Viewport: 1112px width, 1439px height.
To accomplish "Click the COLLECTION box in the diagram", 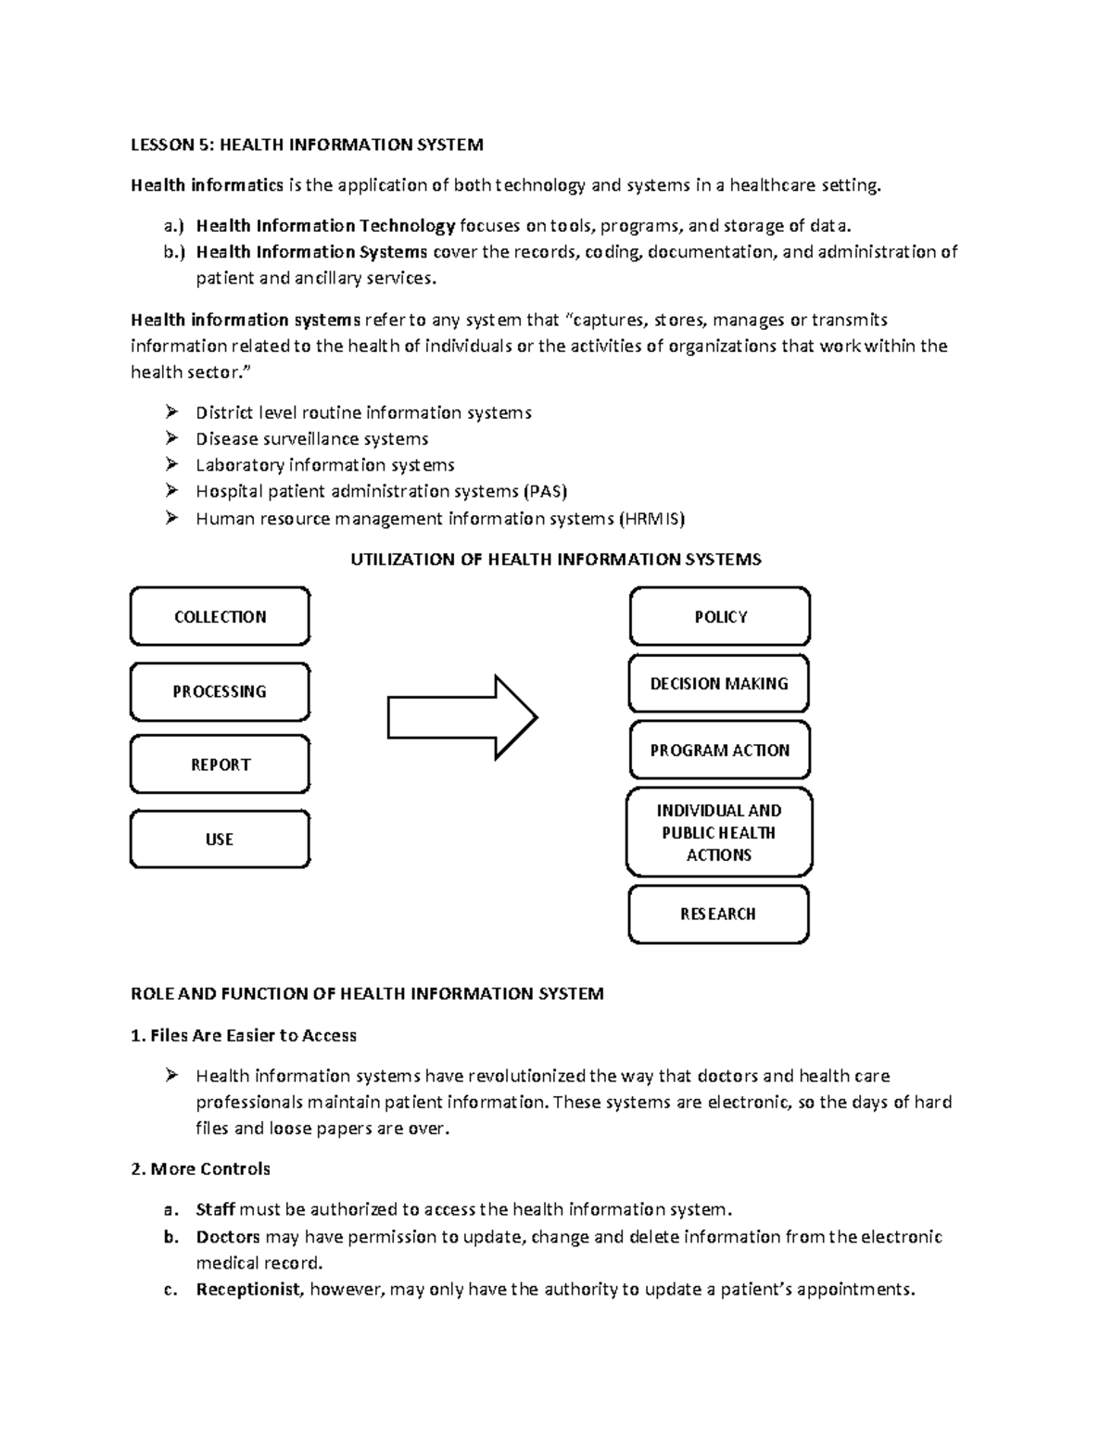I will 220,616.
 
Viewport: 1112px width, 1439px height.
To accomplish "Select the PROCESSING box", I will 220,691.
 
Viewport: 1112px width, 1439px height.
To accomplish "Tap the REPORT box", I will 220,764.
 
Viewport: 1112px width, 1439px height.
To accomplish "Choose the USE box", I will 220,839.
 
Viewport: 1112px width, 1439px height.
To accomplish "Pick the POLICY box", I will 720,616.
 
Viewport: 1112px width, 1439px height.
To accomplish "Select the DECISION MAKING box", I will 719,684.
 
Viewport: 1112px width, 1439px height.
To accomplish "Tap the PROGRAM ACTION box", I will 719,751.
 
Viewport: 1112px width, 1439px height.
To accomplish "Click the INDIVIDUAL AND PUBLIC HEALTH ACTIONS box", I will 719,832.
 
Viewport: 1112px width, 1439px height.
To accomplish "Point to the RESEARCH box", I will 718,915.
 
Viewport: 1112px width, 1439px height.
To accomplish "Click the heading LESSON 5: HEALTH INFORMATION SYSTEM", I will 307,145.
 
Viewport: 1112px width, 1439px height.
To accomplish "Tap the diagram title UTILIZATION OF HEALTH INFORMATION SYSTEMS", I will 555,560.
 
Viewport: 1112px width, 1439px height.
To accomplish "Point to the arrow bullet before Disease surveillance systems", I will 171,438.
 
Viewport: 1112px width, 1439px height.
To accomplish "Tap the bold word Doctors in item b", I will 228,1237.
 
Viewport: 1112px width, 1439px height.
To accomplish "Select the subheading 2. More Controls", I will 201,1169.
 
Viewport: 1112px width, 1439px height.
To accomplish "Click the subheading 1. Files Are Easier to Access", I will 244,1036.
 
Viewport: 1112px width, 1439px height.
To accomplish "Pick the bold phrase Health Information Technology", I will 325,226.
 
